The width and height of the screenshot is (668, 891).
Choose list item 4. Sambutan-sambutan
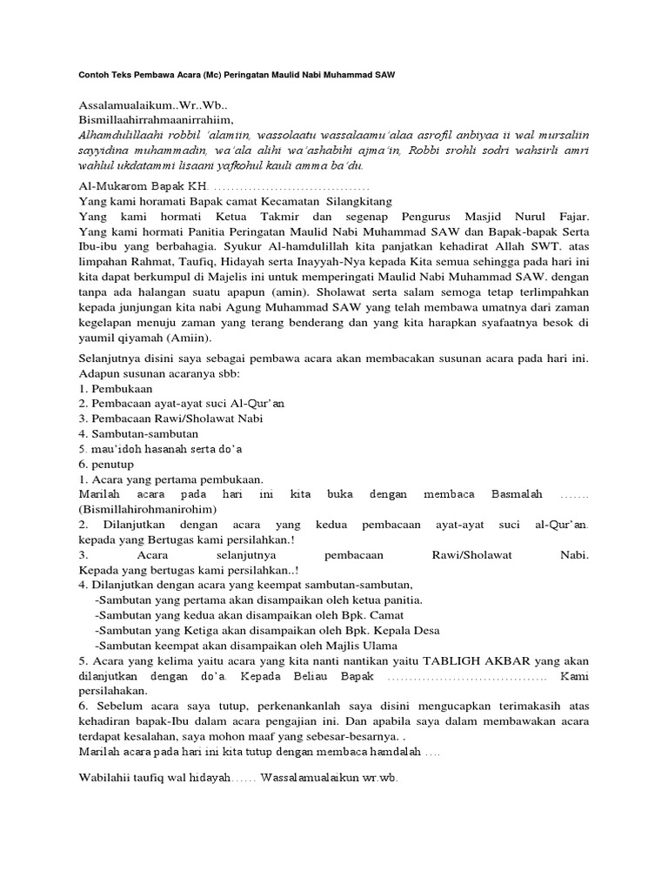(x=138, y=433)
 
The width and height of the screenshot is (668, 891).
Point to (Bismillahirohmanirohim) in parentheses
(x=147, y=509)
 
